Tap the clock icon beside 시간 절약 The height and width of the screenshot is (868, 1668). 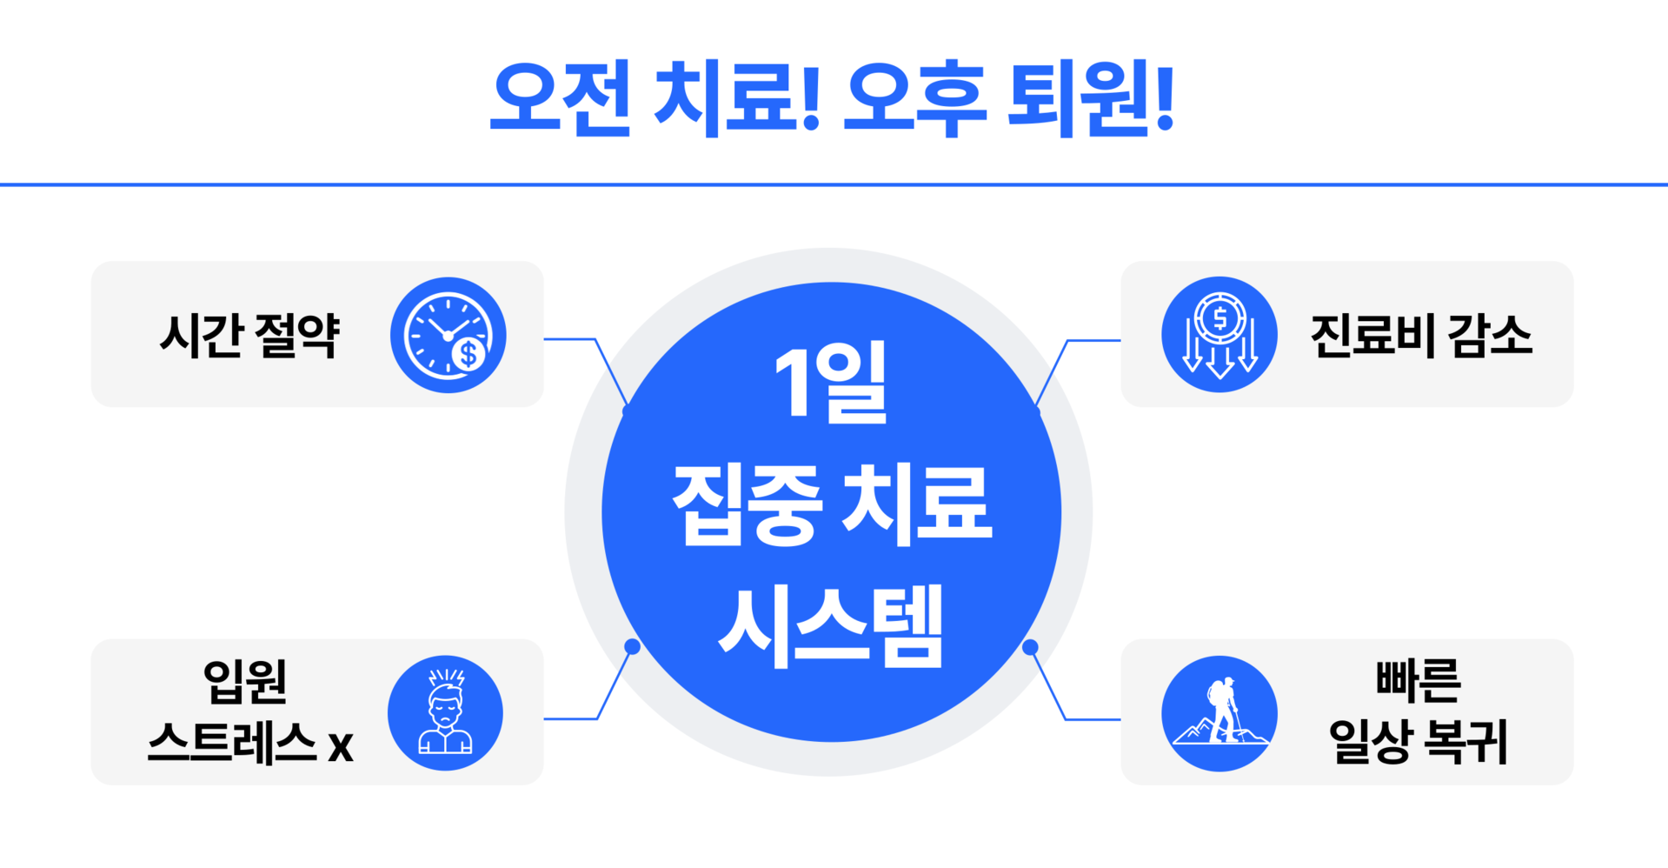[x=448, y=335]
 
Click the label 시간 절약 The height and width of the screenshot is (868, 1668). [x=249, y=336]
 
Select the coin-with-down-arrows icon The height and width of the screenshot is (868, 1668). [x=1219, y=335]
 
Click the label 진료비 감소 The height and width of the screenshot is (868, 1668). [x=1420, y=336]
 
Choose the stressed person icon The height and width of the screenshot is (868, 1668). [x=445, y=712]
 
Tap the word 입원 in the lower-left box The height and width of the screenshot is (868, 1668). [x=245, y=681]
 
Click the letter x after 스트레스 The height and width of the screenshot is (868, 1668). [x=341, y=746]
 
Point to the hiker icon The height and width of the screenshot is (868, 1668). [x=1219, y=712]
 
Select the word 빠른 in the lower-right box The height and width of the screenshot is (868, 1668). [x=1419, y=681]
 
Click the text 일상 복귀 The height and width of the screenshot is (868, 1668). [x=1419, y=742]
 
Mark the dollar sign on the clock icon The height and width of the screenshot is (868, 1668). [x=469, y=353]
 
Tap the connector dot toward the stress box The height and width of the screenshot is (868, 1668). [x=633, y=646]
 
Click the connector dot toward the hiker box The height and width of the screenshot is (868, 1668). [x=1030, y=647]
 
